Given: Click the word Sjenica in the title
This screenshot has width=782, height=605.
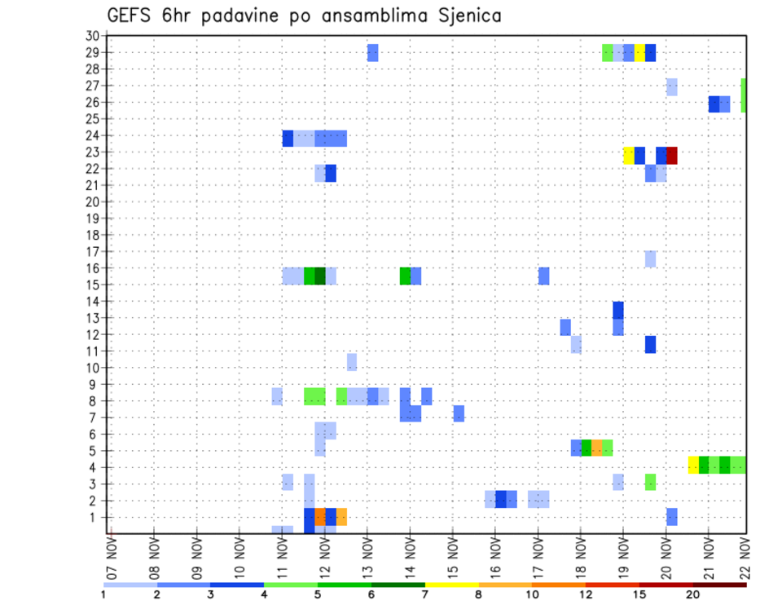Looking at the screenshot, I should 467,15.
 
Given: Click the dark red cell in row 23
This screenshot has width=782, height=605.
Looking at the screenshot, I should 672,156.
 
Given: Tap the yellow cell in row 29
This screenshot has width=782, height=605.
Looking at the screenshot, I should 639,53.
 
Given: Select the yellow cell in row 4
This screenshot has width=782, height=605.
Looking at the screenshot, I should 693,465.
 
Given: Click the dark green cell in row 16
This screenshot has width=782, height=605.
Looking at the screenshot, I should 320,276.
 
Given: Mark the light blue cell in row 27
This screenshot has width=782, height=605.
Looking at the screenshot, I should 672,86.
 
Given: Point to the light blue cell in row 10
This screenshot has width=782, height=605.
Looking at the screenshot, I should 352,362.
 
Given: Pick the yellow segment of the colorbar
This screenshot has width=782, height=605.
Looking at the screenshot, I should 451,585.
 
